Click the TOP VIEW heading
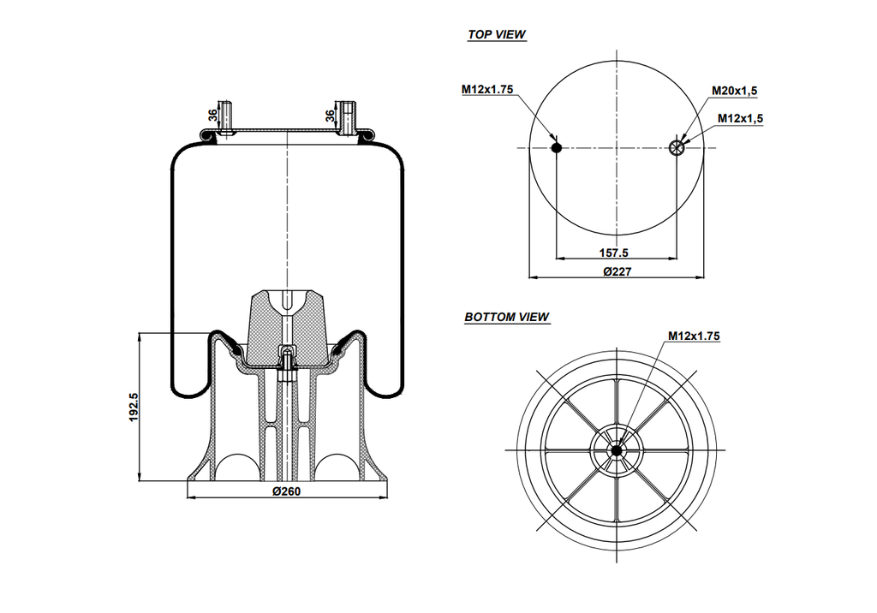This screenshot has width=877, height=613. [497, 35]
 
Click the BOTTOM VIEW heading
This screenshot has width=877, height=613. [507, 317]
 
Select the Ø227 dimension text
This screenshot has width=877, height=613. [617, 271]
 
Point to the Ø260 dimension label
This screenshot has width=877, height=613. [286, 491]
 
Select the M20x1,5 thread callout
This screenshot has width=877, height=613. [735, 90]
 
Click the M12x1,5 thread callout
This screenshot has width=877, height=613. [740, 118]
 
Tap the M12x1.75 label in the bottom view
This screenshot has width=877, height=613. [694, 336]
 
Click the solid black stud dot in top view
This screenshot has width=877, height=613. [557, 148]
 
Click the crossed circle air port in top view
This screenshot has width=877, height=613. [677, 148]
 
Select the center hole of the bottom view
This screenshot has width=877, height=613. [617, 449]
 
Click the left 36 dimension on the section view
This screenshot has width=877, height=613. [212, 116]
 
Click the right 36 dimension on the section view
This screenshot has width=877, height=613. [330, 116]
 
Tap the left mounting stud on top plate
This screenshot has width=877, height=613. [226, 118]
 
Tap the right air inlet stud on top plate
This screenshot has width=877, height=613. [347, 117]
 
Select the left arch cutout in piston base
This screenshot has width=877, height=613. [233, 469]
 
